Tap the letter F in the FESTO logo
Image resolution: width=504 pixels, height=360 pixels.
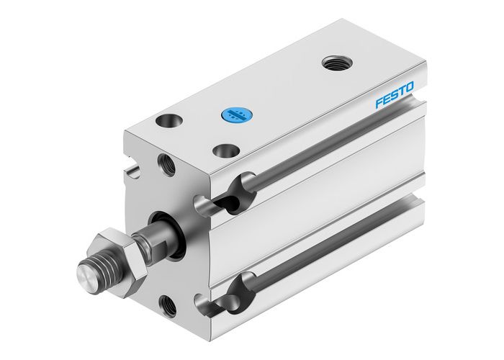379,104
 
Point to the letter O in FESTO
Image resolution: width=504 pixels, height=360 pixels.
410,88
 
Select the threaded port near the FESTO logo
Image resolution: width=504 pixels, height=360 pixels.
333,63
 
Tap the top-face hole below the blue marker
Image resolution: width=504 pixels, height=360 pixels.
228,151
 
